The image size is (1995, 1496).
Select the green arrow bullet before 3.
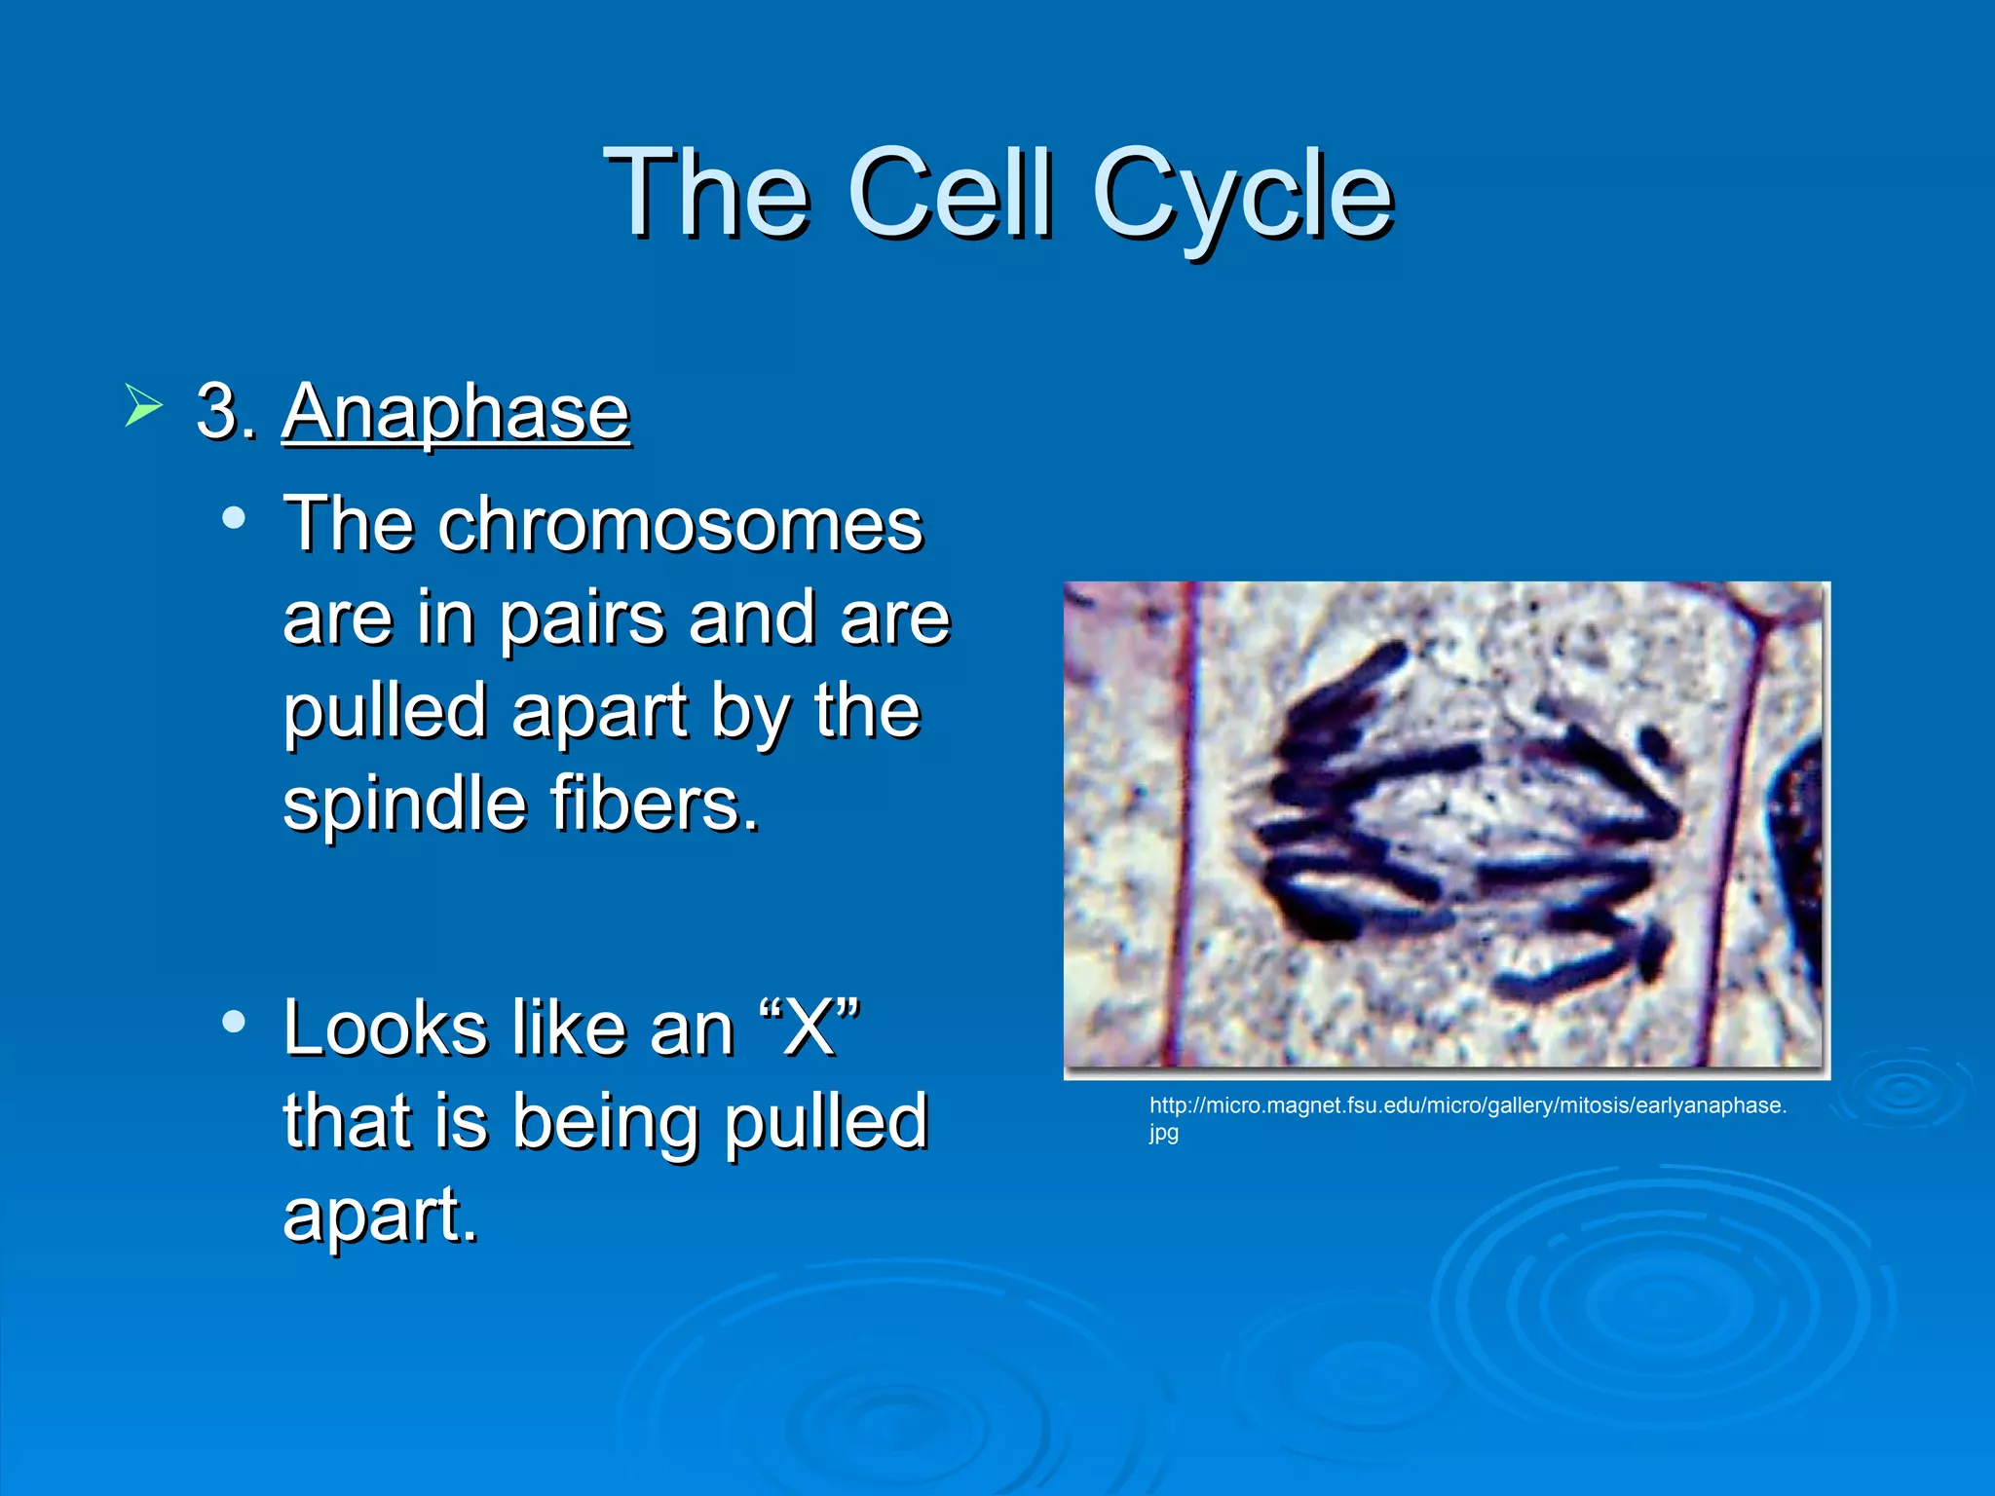coord(142,405)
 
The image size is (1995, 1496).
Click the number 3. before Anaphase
coord(226,412)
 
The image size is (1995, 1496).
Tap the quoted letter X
coord(809,1028)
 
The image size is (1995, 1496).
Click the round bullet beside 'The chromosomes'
coord(234,517)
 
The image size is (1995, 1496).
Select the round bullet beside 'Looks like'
coord(234,1022)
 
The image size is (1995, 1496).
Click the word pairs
coord(583,620)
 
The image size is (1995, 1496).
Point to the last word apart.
coord(380,1216)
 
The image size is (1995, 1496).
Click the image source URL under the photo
coord(1467,1105)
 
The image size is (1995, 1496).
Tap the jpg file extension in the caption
coord(1163,1133)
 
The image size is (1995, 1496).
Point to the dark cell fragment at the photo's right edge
coord(1800,838)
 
